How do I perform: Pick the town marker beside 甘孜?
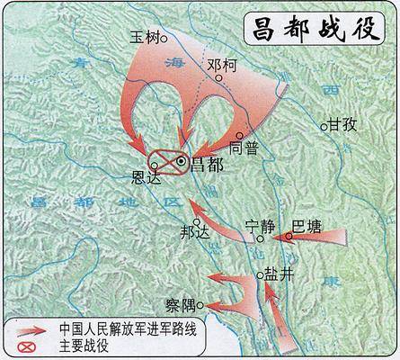(325, 127)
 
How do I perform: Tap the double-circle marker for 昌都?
(182, 161)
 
